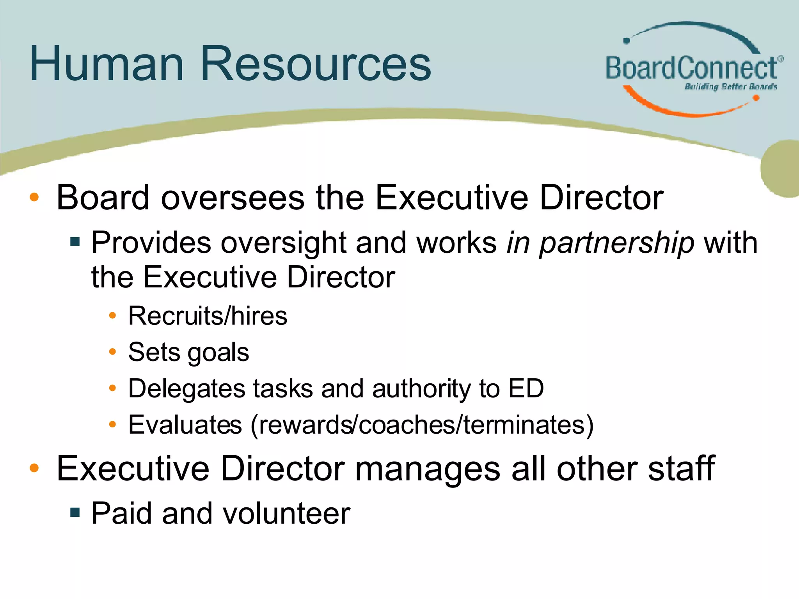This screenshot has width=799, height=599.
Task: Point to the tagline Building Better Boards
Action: click(731, 87)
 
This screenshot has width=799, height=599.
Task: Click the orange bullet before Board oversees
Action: click(34, 197)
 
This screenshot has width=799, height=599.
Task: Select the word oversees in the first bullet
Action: click(233, 197)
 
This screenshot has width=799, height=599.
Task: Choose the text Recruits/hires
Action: click(208, 315)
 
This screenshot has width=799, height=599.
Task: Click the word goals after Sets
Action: click(218, 353)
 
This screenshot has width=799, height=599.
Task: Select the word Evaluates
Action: click(185, 425)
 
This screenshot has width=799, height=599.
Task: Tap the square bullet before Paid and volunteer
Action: click(75, 512)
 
